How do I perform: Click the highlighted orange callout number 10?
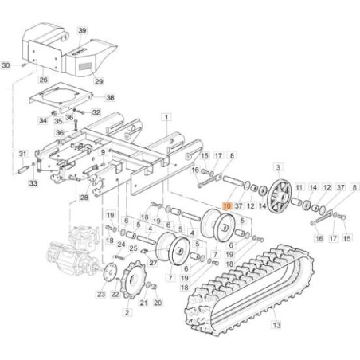coord(227,206)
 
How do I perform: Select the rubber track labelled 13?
coord(249,290)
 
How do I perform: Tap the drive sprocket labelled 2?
coord(133,280)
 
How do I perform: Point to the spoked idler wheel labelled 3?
coord(279,196)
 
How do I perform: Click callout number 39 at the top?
coord(82,31)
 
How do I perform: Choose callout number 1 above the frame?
coord(166,117)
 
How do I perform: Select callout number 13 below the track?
coord(276,325)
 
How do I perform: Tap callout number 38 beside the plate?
coord(110,97)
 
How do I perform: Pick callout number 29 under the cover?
coord(99,81)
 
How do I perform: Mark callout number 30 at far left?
coord(6,65)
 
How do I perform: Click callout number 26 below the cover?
coord(44,80)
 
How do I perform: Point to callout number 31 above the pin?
coord(23,154)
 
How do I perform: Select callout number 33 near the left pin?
coord(33,183)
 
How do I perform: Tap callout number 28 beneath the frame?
coord(84,198)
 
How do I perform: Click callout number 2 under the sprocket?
coord(127,312)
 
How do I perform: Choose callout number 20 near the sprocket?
coord(158,303)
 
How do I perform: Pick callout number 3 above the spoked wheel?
coord(278,167)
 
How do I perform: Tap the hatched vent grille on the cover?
coord(85,66)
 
